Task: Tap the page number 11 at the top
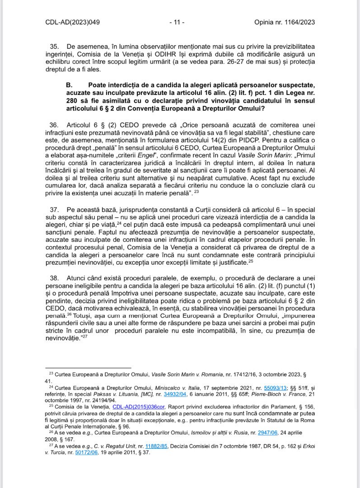pos(177,21)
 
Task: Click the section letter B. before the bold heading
pos(69,85)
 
